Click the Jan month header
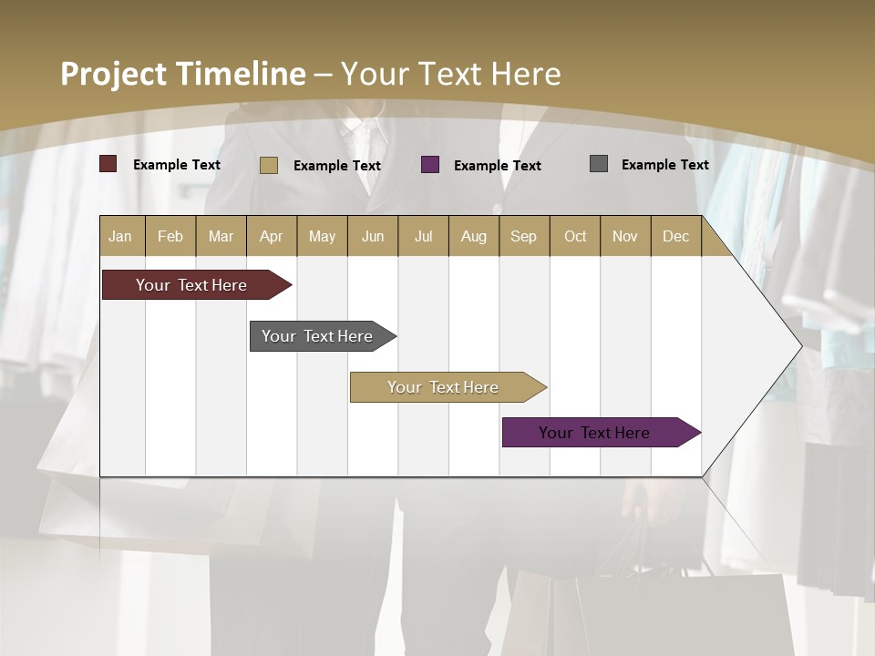point(121,236)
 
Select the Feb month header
point(170,236)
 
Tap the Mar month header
point(221,236)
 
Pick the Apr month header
point(272,236)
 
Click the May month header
point(322,236)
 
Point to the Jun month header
point(373,236)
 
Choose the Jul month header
point(423,236)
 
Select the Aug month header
point(474,236)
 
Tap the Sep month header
point(524,236)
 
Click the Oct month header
point(575,236)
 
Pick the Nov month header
point(625,236)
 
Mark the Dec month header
point(676,236)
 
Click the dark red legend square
point(108,164)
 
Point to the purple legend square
point(430,165)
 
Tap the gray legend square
point(599,164)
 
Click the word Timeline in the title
point(241,74)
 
